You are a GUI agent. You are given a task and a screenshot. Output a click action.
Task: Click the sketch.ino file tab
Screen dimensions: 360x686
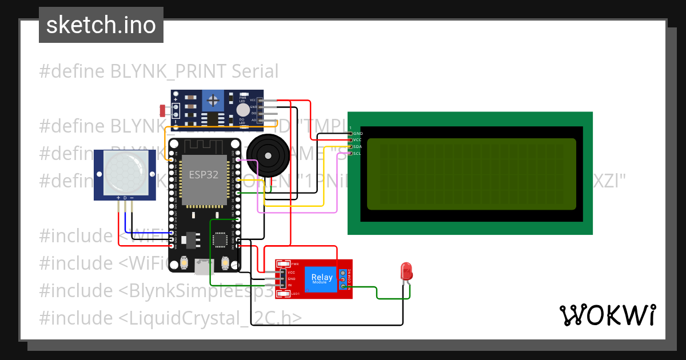coord(101,25)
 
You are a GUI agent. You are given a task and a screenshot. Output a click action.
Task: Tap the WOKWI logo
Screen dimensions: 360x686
coord(607,315)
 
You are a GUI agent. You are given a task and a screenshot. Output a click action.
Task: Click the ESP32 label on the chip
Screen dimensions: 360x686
coord(204,175)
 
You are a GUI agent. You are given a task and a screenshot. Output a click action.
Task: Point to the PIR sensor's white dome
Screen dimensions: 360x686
coord(125,171)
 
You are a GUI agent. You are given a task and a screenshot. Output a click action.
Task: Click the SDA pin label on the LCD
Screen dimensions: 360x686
coord(358,147)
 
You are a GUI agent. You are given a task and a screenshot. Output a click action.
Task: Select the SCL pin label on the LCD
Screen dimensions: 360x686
coord(358,153)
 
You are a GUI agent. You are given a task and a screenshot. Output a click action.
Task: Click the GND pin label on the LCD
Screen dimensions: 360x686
coord(358,133)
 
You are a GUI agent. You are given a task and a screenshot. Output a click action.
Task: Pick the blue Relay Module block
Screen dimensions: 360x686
coord(321,279)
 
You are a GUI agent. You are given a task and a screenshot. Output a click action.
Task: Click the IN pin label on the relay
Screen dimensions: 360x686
coord(290,285)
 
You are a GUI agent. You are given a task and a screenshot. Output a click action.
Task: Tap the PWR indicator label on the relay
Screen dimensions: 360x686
coord(295,264)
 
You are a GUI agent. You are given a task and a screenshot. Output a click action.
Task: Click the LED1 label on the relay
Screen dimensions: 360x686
coord(295,294)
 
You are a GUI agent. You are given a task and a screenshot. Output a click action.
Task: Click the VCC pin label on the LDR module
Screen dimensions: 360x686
coord(253,100)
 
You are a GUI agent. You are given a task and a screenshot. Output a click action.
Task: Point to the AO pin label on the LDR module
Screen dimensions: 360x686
coord(253,120)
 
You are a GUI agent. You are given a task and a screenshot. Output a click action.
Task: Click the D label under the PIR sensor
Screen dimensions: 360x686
coord(125,198)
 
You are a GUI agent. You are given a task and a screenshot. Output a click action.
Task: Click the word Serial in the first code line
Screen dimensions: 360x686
coord(255,71)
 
